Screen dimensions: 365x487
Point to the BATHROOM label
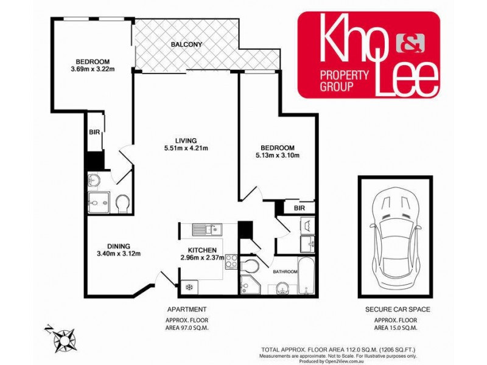tap(285, 272)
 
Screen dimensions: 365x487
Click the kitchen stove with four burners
tap(231, 262)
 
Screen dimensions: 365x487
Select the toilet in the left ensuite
tap(122, 203)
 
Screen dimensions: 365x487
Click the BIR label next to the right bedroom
tap(298, 208)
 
